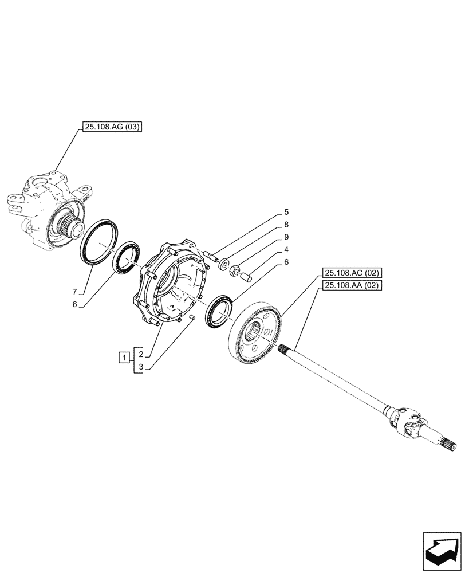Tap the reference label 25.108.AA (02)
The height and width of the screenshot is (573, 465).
point(352,285)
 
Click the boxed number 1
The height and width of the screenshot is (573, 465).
point(123,359)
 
